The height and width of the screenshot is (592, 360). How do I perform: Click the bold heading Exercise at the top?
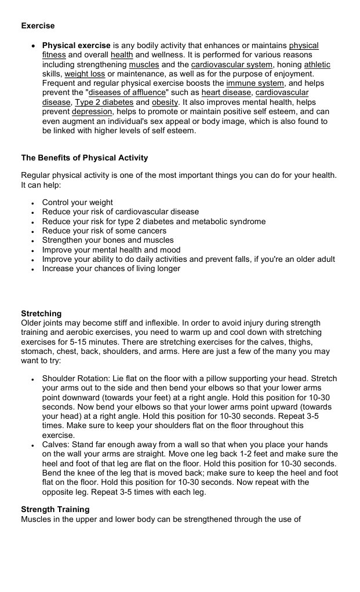pyautogui.click(x=38, y=25)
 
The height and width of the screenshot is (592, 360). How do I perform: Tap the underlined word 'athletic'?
pyautogui.click(x=317, y=65)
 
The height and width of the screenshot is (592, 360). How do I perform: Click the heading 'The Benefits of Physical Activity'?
pyautogui.click(x=85, y=158)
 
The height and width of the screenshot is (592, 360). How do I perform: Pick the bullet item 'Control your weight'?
pyautogui.click(x=77, y=202)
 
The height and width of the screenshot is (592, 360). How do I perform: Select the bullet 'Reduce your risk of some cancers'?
pyautogui.click(x=104, y=231)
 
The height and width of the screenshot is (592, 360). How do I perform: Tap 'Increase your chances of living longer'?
pyautogui.click(x=111, y=268)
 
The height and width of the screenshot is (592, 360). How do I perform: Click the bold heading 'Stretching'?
pyautogui.click(x=41, y=313)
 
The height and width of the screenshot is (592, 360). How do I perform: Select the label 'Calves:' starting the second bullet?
pyautogui.click(x=56, y=445)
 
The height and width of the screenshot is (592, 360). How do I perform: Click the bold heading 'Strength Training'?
pyautogui.click(x=55, y=509)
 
